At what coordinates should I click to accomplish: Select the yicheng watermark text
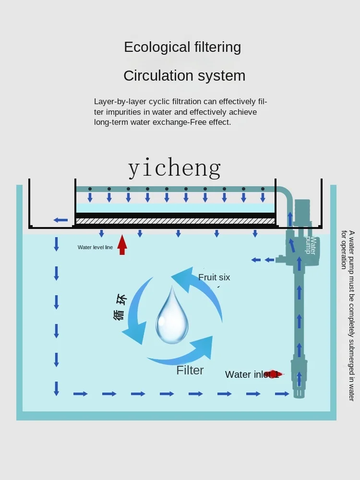click(175, 168)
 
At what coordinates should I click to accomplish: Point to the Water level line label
click(95, 248)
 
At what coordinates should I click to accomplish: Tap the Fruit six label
click(214, 277)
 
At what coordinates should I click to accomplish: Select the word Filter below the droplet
click(190, 370)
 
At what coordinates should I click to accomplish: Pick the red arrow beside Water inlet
click(275, 374)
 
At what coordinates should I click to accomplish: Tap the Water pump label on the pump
click(311, 245)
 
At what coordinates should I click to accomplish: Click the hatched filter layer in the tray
click(176, 221)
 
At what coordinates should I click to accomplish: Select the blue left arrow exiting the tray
click(61, 220)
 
